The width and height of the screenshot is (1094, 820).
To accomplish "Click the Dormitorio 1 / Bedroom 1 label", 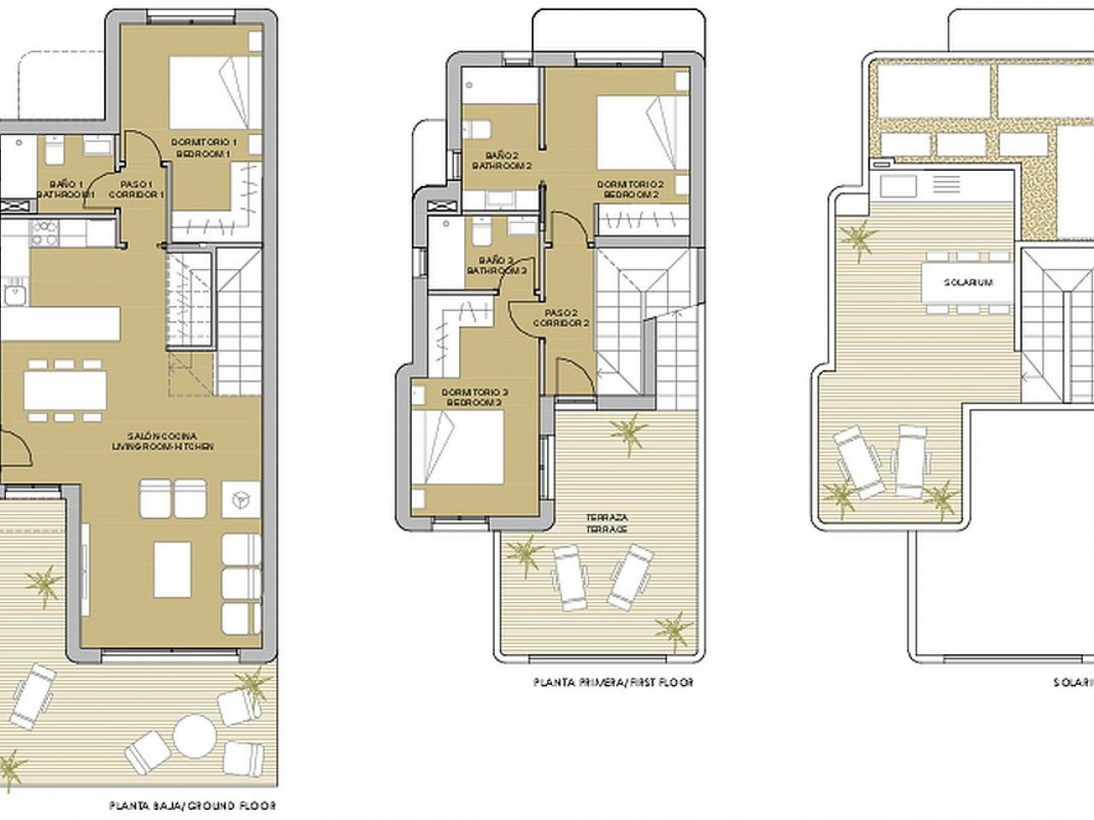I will tap(204, 147).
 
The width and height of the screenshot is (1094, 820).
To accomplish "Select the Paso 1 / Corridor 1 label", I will tap(136, 189).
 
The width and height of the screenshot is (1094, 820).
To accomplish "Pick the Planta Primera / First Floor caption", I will tap(613, 682).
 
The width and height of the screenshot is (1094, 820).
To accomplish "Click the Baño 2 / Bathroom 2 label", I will tap(497, 160).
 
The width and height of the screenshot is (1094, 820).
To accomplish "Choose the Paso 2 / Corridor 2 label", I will tap(562, 318).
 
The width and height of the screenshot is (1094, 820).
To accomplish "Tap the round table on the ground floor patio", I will tap(195, 735).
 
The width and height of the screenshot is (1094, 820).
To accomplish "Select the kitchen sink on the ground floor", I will tap(15, 296).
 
